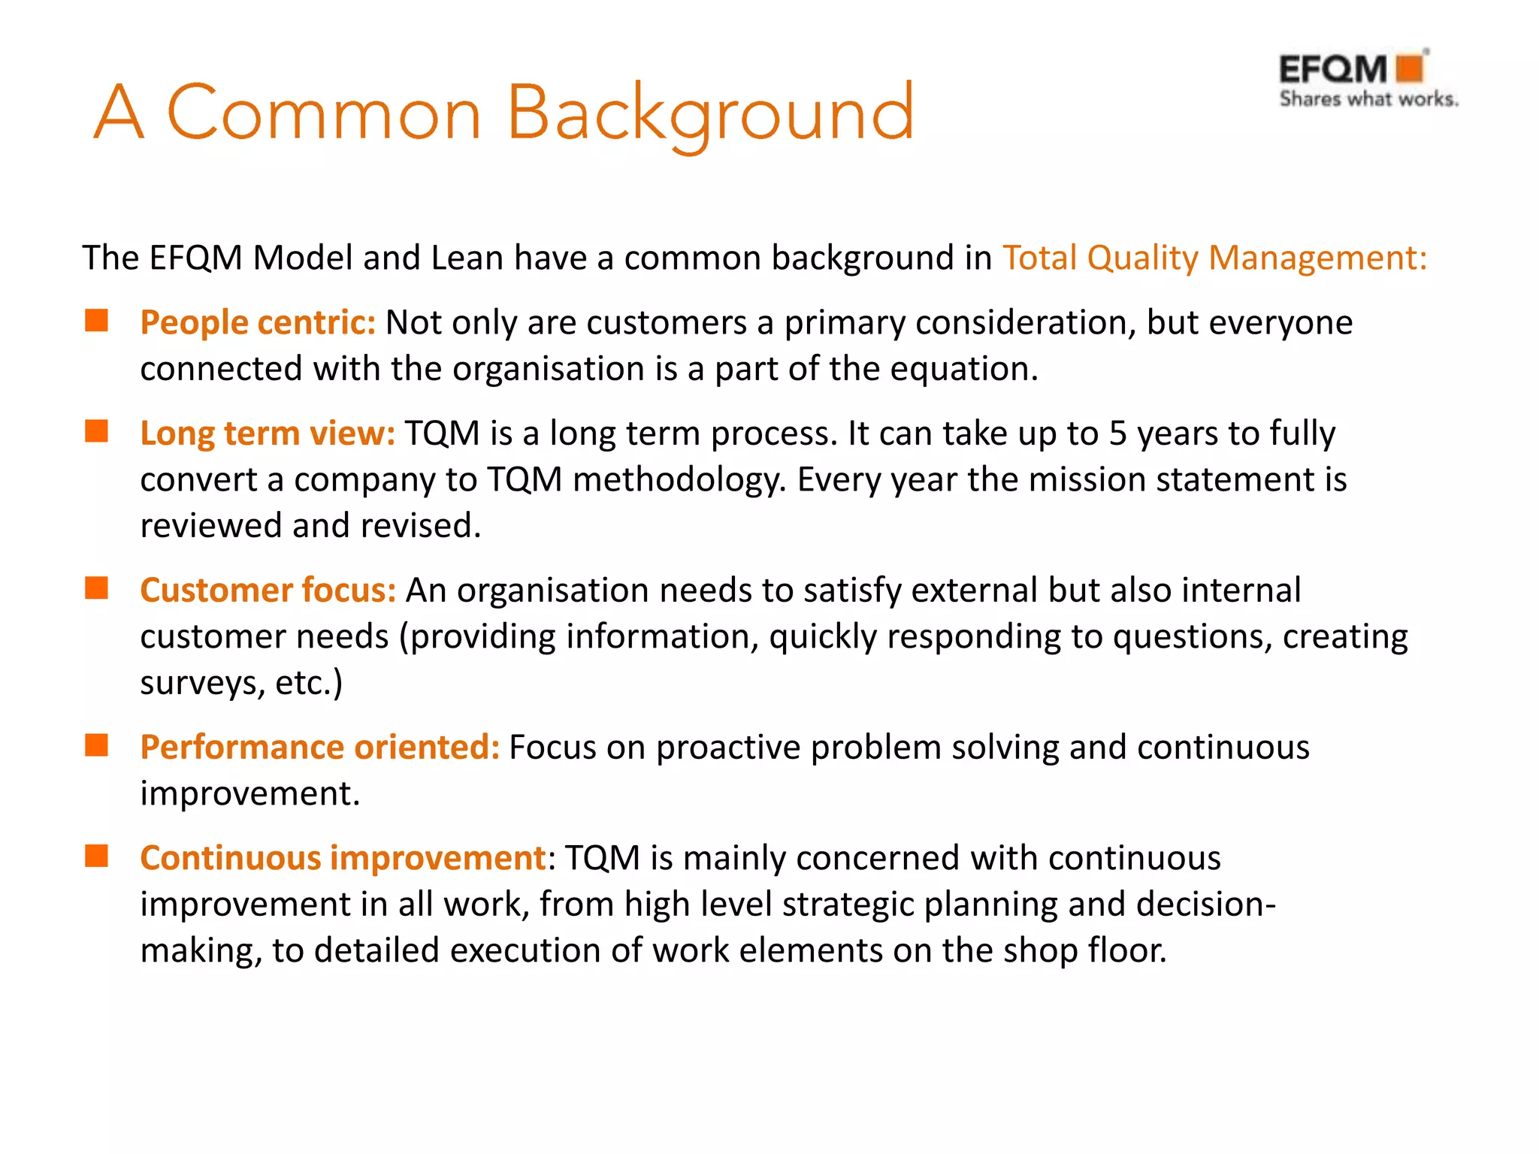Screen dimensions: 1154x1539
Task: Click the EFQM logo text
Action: [x=1332, y=70]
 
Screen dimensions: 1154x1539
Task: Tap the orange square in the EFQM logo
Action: [x=1410, y=68]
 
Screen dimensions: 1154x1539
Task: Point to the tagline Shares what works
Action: [x=1368, y=99]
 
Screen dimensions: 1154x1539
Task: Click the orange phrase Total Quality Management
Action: [x=1214, y=258]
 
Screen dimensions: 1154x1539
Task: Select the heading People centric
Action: [x=257, y=323]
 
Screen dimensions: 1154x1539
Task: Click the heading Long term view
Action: [x=267, y=434]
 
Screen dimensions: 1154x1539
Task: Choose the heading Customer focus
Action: [x=268, y=591]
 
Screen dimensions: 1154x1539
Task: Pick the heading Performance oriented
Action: [x=319, y=748]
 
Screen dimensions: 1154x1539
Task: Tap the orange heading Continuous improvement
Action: [x=343, y=858]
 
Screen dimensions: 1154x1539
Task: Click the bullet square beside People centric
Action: [x=97, y=321]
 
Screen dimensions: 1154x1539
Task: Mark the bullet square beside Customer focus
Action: [x=97, y=588]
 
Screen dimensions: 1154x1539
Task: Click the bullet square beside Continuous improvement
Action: [x=97, y=856]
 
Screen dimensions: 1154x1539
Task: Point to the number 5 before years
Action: [x=1118, y=434]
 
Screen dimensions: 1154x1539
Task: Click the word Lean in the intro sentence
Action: [x=467, y=258]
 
